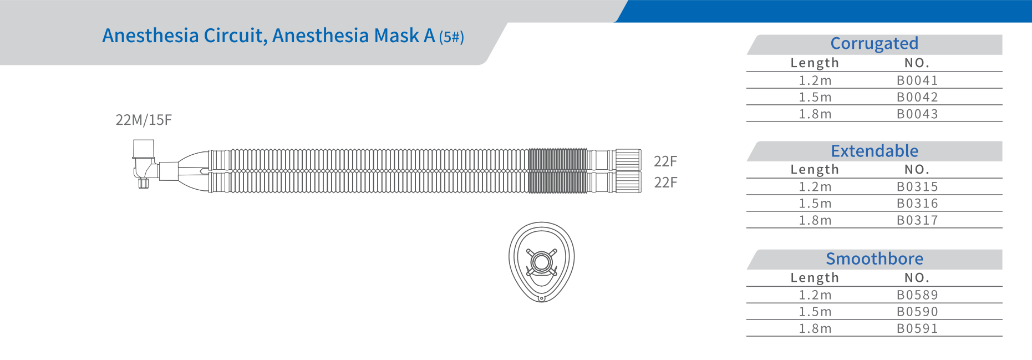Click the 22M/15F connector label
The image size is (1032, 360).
(144, 120)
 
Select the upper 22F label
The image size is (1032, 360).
(665, 161)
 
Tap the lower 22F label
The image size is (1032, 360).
(665, 182)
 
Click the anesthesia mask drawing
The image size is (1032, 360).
(542, 262)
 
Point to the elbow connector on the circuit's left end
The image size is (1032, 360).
(145, 164)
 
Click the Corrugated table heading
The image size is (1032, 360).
(874, 43)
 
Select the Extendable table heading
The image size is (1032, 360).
(875, 151)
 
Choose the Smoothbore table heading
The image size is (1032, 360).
(875, 258)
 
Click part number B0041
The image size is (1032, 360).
(917, 80)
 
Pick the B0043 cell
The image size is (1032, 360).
(917, 114)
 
